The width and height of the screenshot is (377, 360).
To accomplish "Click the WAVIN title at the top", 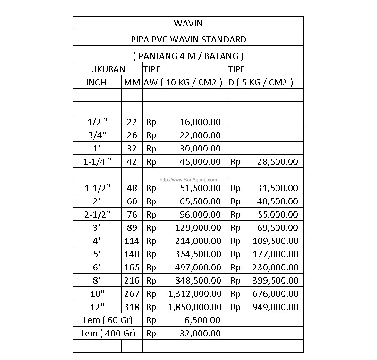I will pyautogui.click(x=188, y=23).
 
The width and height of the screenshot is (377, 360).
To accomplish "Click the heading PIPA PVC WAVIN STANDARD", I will pyautogui.click(x=188, y=39).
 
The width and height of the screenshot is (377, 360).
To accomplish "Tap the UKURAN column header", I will pyautogui.click(x=108, y=69).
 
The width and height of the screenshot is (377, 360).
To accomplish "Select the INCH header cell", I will pyautogui.click(x=96, y=83).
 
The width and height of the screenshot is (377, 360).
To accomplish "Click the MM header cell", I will pyautogui.click(x=132, y=83).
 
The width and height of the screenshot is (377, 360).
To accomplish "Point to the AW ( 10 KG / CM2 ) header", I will pyautogui.click(x=183, y=83).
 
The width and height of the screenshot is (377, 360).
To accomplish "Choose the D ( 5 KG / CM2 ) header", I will pyautogui.click(x=260, y=83).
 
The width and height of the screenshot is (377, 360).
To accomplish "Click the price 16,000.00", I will pyautogui.click(x=200, y=122).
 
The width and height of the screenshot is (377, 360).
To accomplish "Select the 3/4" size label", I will pyautogui.click(x=97, y=135).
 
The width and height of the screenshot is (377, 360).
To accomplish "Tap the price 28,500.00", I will pyautogui.click(x=277, y=162).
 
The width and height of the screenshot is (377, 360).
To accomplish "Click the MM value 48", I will pyautogui.click(x=132, y=188).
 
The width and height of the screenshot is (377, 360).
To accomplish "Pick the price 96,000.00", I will pyautogui.click(x=200, y=215).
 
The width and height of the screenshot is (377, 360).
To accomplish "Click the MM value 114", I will pyautogui.click(x=132, y=241).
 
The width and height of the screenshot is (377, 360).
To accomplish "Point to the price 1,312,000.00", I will pyautogui.click(x=194, y=294).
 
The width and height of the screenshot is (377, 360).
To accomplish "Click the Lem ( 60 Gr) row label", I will pyautogui.click(x=107, y=320).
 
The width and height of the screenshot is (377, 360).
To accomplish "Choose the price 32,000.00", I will pyautogui.click(x=200, y=334).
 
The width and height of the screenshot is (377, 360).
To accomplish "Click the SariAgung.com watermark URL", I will pyautogui.click(x=188, y=179).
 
